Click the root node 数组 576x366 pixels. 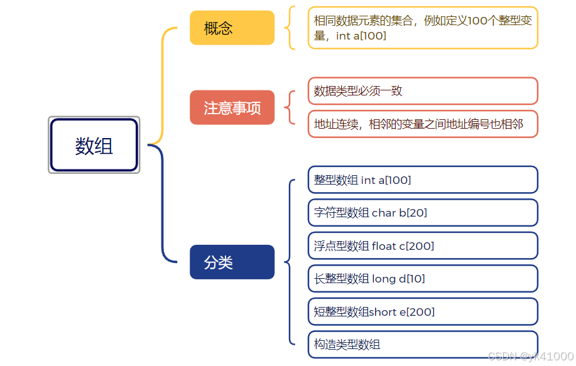[x=94, y=145]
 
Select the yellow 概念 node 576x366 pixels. [x=232, y=28]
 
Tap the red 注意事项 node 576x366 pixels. [x=232, y=107]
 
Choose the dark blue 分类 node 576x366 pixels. [x=232, y=262]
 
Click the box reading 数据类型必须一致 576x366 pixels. [x=422, y=91]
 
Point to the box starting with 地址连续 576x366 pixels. [x=422, y=124]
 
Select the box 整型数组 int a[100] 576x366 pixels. [x=422, y=180]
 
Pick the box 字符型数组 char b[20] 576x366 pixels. [x=422, y=213]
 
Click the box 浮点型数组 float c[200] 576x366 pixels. [x=422, y=245]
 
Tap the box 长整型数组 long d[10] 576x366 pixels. [x=422, y=279]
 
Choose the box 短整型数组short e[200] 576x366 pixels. [x=422, y=311]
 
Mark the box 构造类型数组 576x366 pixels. [x=422, y=344]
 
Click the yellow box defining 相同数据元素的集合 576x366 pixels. [x=422, y=28]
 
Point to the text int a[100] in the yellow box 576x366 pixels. [x=361, y=36]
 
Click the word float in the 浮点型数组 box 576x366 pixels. [x=384, y=246]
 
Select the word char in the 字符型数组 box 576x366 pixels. [x=384, y=213]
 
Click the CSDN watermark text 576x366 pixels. [x=530, y=356]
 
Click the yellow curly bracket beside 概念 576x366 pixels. [x=289, y=28]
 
